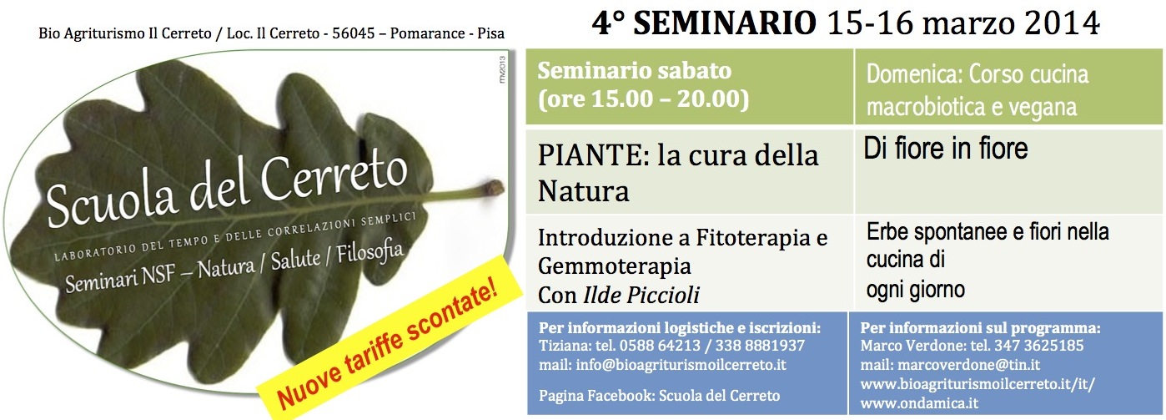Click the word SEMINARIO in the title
[x=725, y=24]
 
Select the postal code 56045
[x=354, y=33]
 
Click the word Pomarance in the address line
[x=427, y=33]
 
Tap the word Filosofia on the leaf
[x=369, y=253]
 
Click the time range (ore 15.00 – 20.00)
[x=643, y=99]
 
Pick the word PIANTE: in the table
[x=593, y=156]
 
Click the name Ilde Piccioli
[x=641, y=296]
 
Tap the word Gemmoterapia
[x=614, y=267]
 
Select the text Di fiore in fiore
[x=946, y=149]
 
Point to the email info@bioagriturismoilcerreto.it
[x=681, y=365]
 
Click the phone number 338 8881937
[x=760, y=346]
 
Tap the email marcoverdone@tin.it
[x=968, y=365]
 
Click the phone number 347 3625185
[x=1039, y=346]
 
